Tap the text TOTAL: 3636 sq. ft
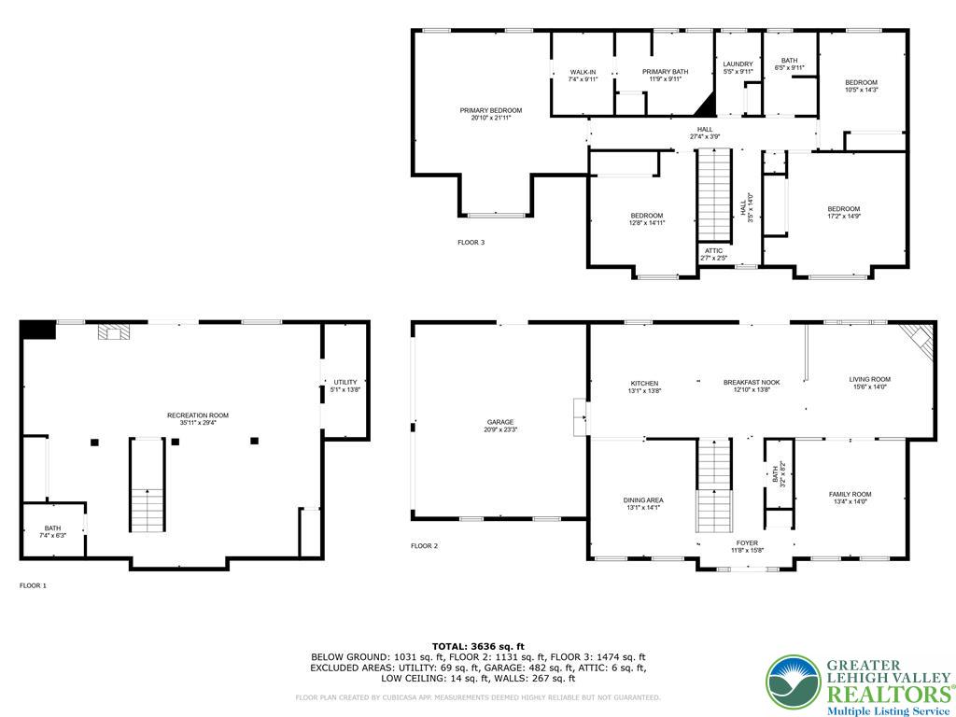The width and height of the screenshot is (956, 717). pos(478,646)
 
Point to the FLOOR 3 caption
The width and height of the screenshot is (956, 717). pos(471,243)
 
